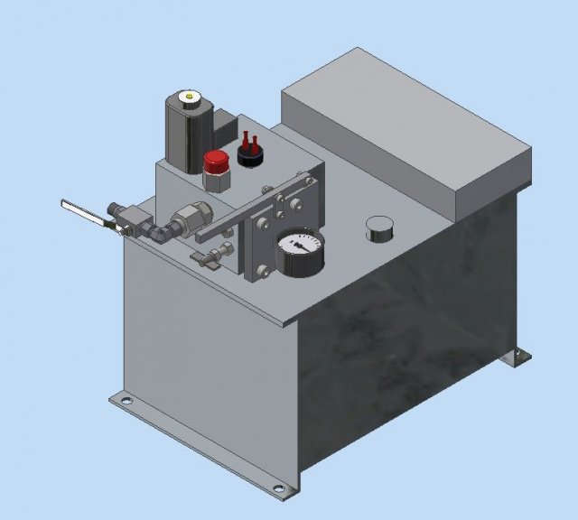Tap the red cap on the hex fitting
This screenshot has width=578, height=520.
point(216,162)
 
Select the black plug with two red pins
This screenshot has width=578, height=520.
point(250,154)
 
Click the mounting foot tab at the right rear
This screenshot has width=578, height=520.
point(519,357)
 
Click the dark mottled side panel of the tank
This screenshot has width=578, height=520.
point(406,343)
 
